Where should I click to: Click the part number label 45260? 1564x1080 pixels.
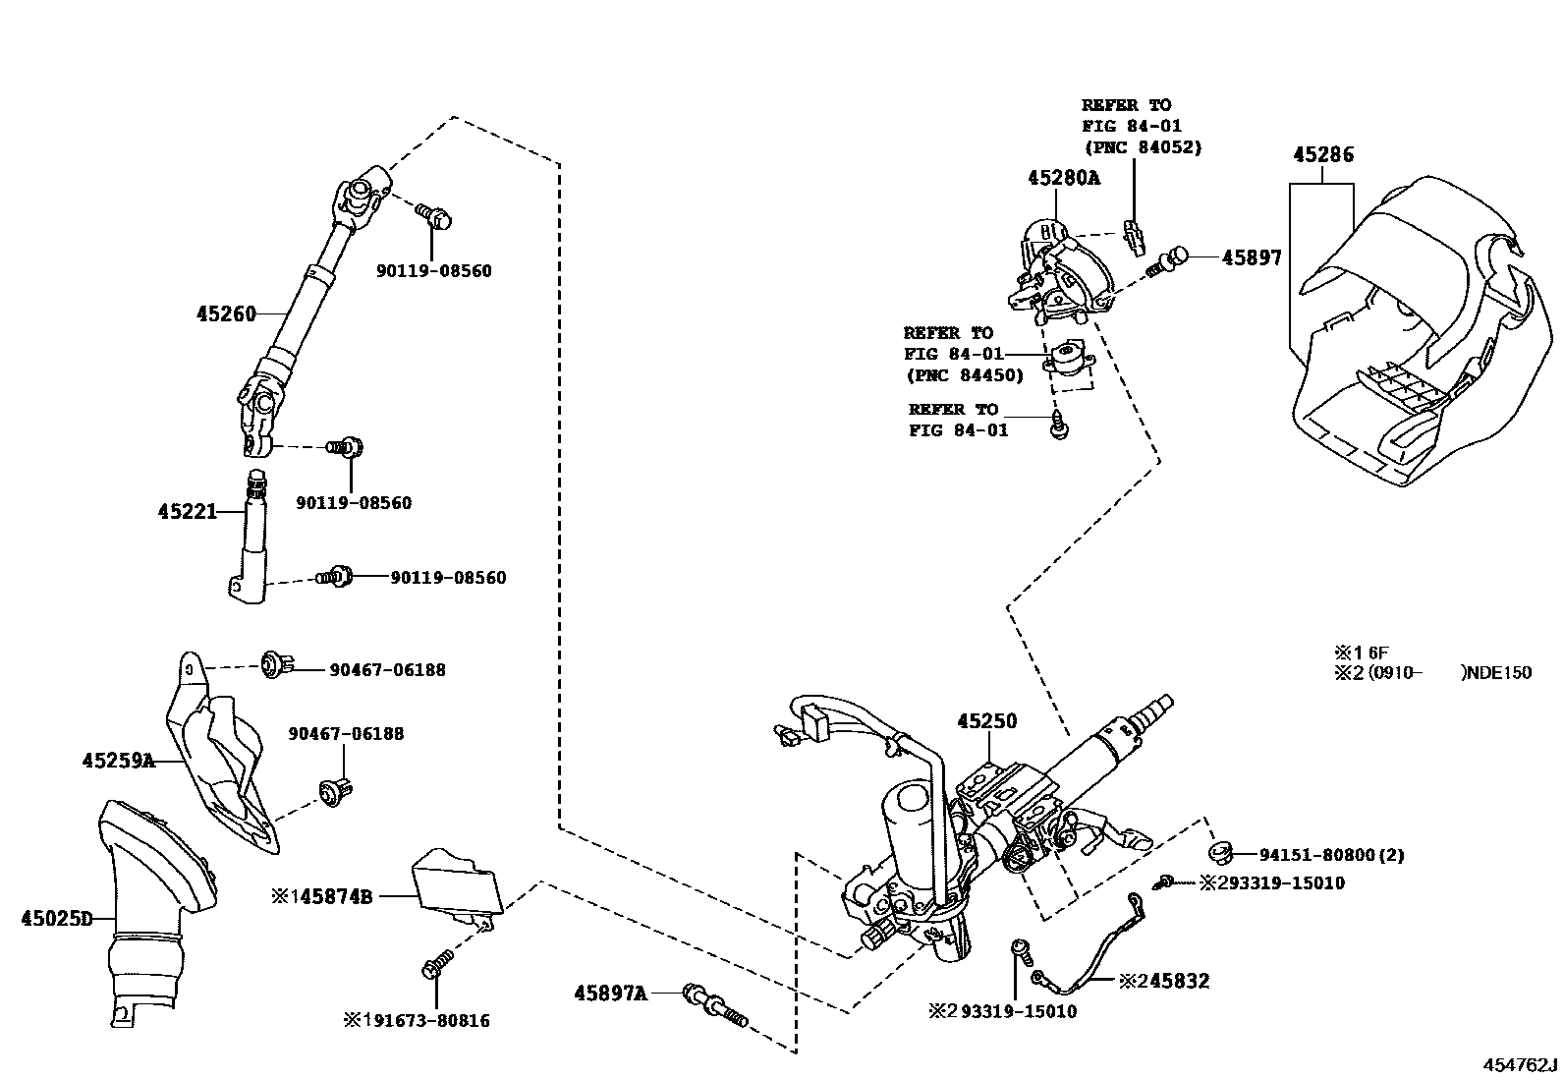[226, 314]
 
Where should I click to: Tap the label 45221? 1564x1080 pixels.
[187, 512]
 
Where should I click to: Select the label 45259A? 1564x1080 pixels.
[118, 761]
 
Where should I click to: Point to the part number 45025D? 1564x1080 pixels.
[56, 920]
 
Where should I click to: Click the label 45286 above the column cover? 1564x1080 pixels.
[1322, 155]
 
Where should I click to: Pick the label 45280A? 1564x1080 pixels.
[1064, 178]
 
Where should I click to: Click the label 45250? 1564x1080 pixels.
[987, 721]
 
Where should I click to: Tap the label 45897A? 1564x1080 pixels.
[610, 994]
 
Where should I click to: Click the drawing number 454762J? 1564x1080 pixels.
[1521, 1065]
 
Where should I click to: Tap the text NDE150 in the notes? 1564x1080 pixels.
[1500, 673]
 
